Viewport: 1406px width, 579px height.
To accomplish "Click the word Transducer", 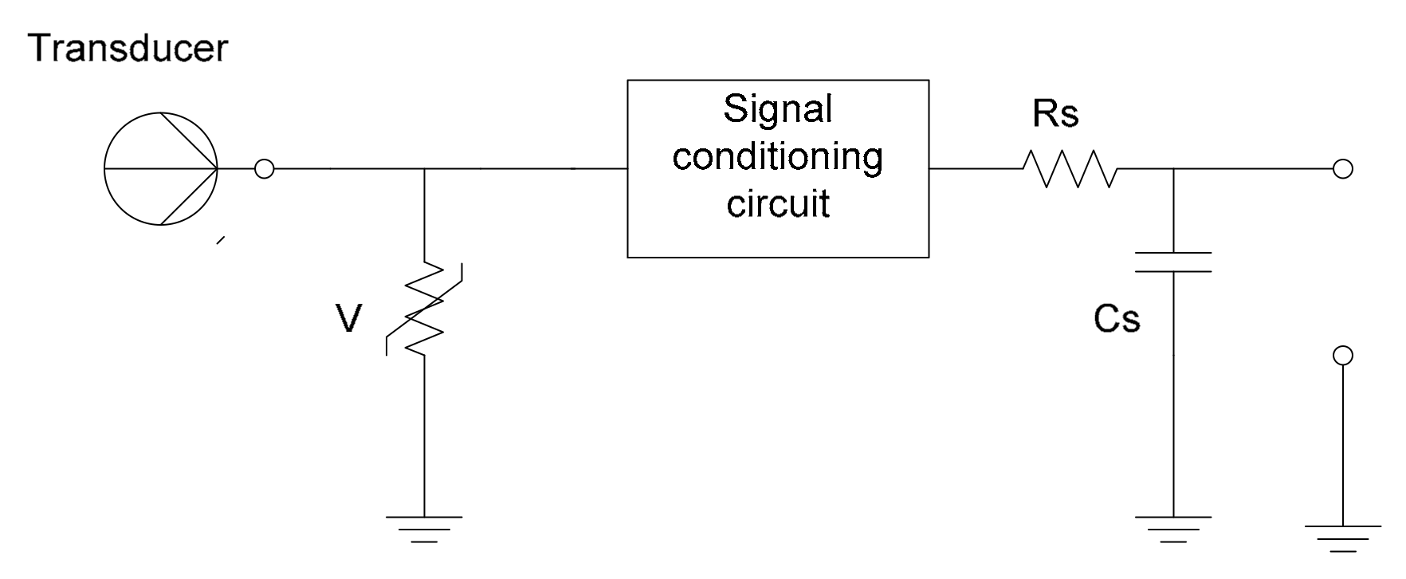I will click(128, 49).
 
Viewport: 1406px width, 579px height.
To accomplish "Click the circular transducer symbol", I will click(160, 169).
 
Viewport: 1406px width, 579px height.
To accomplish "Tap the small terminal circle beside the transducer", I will click(264, 169).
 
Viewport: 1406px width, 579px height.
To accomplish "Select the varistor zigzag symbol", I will click(424, 307).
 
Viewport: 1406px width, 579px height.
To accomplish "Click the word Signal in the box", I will click(777, 109).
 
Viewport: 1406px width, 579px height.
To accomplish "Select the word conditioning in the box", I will click(777, 156).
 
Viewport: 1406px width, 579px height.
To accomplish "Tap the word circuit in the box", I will click(777, 203).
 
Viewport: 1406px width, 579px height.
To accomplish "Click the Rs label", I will click(1054, 114).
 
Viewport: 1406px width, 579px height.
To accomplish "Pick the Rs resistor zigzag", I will click(1070, 169).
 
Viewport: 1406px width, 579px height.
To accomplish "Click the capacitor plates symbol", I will click(1172, 262).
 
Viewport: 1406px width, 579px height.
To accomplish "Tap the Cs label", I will click(1116, 320).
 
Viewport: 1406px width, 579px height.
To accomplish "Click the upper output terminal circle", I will click(1343, 169).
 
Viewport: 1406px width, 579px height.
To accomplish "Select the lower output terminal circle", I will click(1343, 355).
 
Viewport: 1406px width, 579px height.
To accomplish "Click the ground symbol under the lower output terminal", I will click(1343, 537).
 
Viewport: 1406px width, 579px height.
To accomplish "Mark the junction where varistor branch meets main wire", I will click(424, 169).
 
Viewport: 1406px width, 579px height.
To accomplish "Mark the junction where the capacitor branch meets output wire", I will click(1172, 169).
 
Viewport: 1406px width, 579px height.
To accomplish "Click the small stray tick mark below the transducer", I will click(221, 240).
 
